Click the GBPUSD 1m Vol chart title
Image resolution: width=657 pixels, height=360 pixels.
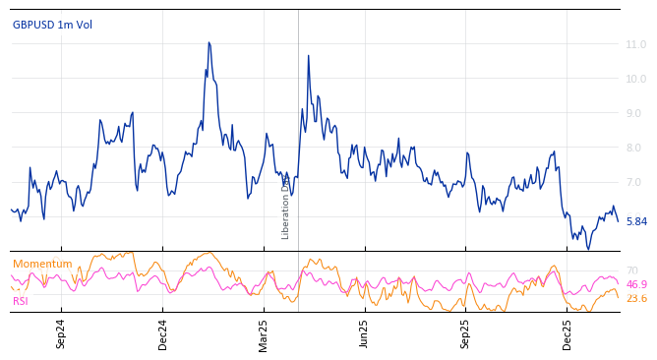click(x=52, y=25)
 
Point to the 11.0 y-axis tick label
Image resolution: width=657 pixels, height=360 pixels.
click(x=635, y=45)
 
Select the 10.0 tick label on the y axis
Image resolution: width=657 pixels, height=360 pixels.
click(x=635, y=80)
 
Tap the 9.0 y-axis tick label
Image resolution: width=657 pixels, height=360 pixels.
click(x=635, y=114)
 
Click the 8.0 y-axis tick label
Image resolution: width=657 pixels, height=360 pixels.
click(x=635, y=149)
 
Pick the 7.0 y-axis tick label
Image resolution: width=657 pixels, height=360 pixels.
click(x=635, y=183)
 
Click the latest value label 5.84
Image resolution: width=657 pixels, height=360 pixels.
click(x=636, y=222)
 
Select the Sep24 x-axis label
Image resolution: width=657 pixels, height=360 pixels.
click(x=61, y=334)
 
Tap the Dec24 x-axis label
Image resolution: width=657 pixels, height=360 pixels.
click(x=163, y=334)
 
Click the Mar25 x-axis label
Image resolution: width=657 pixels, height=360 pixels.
click(x=264, y=334)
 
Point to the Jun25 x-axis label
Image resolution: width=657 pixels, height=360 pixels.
click(x=364, y=334)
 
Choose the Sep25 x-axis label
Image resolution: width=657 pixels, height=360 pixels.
click(x=465, y=334)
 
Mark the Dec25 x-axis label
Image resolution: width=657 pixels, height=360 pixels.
click(x=567, y=334)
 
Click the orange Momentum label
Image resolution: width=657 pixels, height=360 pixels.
click(x=42, y=265)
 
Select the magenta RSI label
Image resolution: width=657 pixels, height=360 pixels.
click(x=21, y=301)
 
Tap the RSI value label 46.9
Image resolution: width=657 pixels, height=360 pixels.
click(x=636, y=284)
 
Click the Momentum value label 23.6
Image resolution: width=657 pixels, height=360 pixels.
click(x=636, y=299)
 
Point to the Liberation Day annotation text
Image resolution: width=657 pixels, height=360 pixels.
click(x=286, y=207)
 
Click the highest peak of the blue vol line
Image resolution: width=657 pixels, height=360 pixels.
click(x=209, y=43)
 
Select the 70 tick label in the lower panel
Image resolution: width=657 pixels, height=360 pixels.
click(x=632, y=270)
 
